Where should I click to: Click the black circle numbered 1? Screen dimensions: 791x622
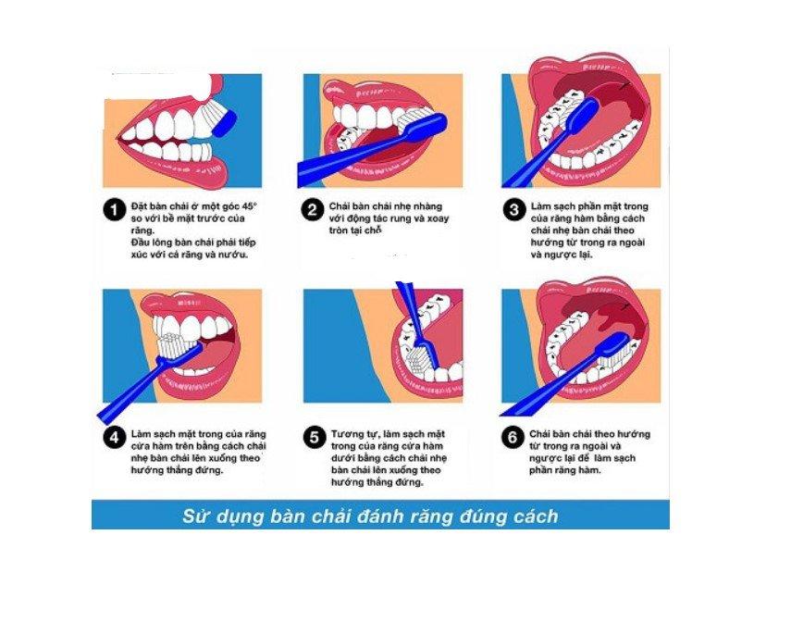[114, 210]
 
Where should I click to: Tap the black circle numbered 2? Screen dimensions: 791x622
[313, 210]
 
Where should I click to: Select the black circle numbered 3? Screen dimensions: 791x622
[513, 210]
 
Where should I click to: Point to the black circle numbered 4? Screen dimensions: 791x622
[114, 437]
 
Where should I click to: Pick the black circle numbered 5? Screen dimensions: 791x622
[314, 437]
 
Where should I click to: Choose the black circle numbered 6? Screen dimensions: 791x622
[513, 437]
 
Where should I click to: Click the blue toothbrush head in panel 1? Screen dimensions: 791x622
[225, 124]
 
